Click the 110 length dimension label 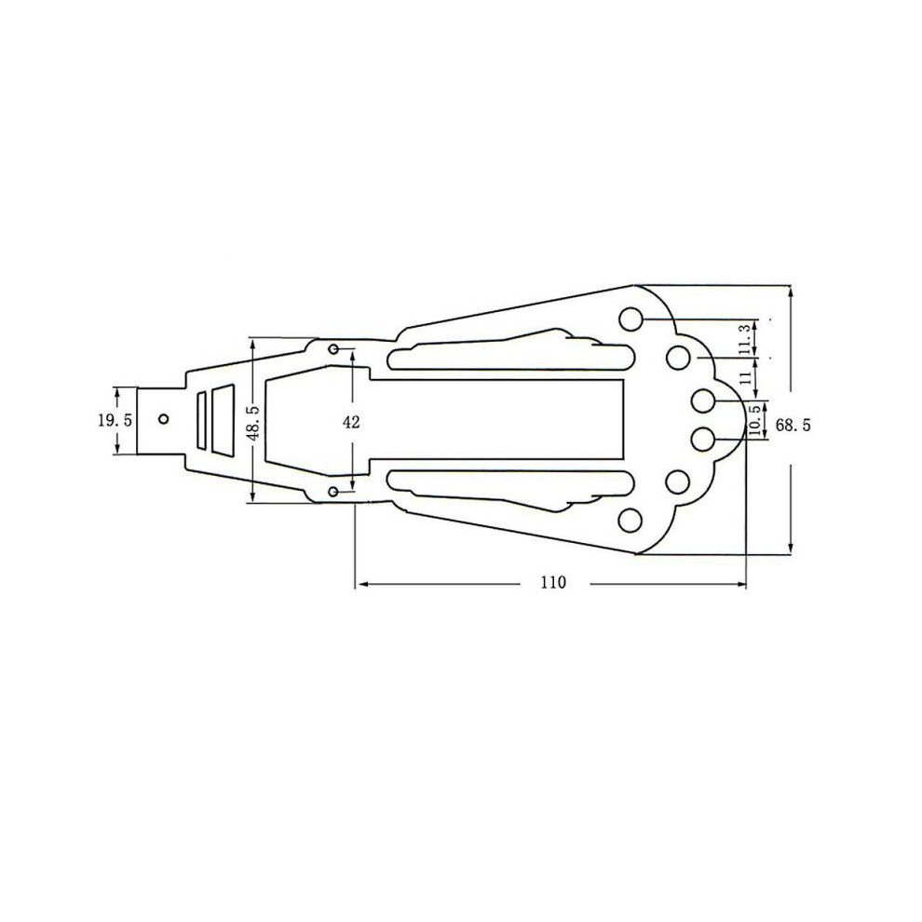(553, 582)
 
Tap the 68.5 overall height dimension (793, 425)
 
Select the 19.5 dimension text (115, 420)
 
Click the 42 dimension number (351, 422)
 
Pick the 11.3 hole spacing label (746, 339)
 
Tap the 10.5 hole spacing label (755, 420)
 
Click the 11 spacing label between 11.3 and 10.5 (746, 377)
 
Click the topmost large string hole (631, 319)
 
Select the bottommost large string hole (630, 521)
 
